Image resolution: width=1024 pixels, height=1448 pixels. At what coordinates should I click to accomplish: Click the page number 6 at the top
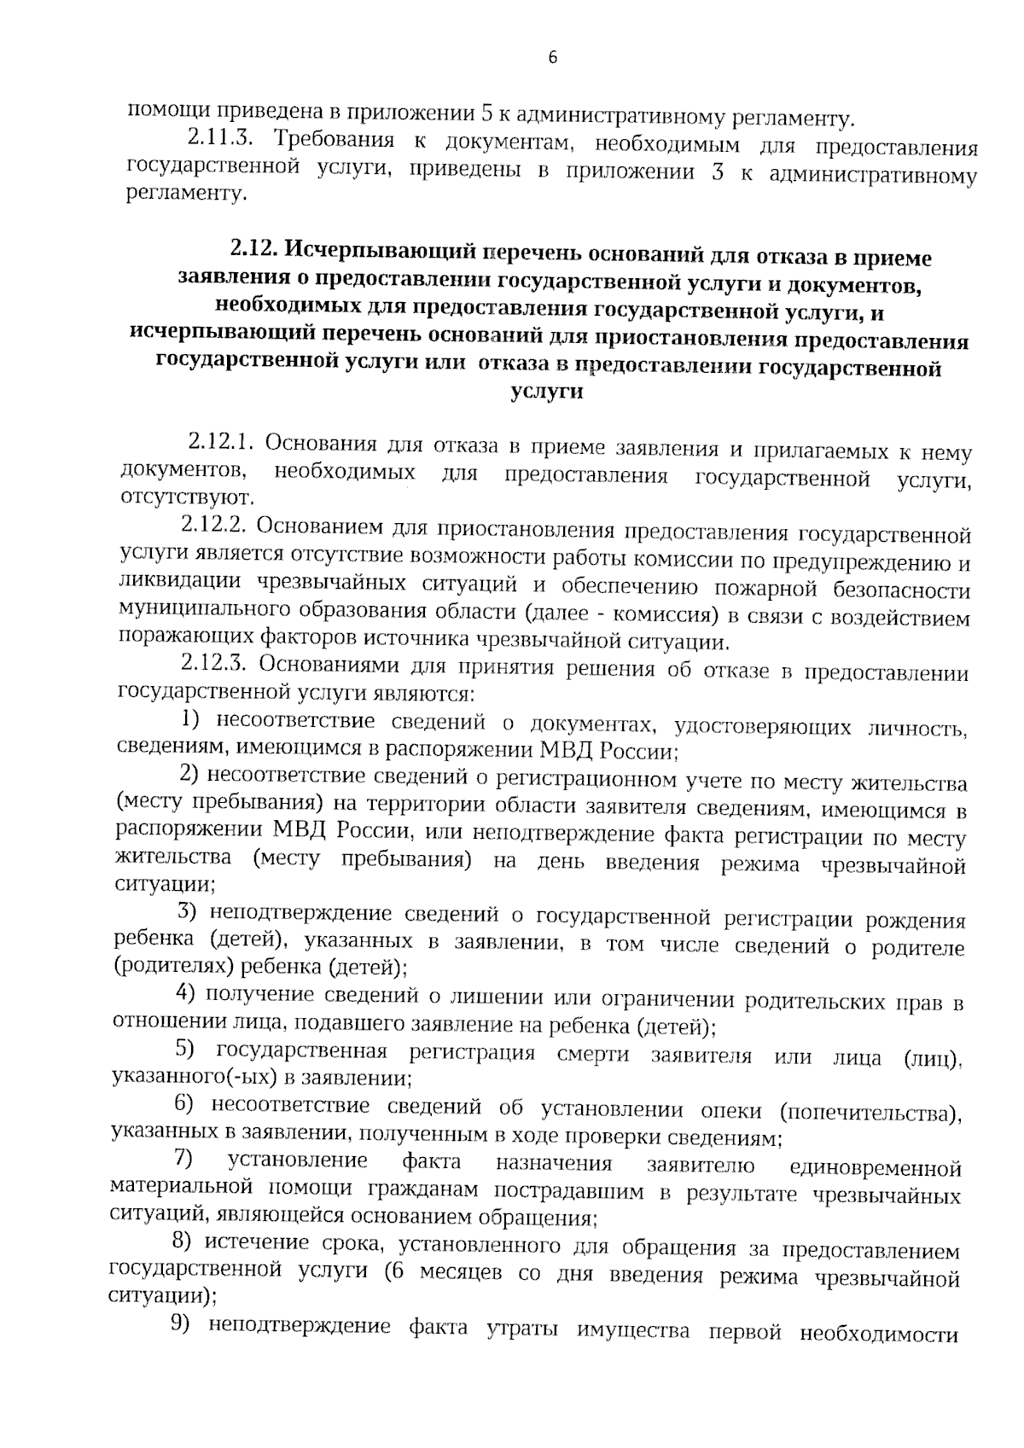coord(552,58)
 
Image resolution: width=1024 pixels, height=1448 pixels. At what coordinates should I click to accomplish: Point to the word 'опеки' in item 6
coord(725,1111)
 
